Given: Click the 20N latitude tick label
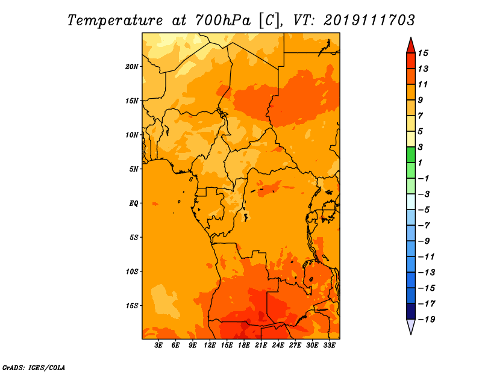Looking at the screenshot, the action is (x=131, y=67).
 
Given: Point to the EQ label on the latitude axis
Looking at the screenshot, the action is (x=134, y=203).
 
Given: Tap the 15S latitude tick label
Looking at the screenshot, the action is (x=131, y=306).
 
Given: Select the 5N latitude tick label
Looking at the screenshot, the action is (x=134, y=169).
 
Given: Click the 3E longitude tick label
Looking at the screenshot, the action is (x=158, y=346).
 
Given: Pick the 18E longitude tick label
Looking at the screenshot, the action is (x=244, y=346).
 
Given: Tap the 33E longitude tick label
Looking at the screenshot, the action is (x=329, y=346).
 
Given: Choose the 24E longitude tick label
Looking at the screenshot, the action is (x=278, y=346).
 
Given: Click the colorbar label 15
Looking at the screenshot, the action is (x=423, y=53).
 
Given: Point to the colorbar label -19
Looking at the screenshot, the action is (x=427, y=320).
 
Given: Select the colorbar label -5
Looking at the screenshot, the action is (x=424, y=210).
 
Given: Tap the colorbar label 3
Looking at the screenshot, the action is (x=421, y=147).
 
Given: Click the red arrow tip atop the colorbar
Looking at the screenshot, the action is (x=411, y=38).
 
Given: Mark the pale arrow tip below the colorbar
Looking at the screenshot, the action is (x=411, y=333).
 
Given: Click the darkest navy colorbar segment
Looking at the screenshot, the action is (x=411, y=311).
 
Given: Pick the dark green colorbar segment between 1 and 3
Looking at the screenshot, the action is (x=411, y=155).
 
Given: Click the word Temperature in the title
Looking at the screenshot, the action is (x=115, y=20).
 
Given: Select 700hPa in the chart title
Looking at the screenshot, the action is (x=223, y=20).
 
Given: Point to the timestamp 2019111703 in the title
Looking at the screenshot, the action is (x=369, y=20).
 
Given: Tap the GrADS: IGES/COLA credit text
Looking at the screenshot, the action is (x=34, y=368).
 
